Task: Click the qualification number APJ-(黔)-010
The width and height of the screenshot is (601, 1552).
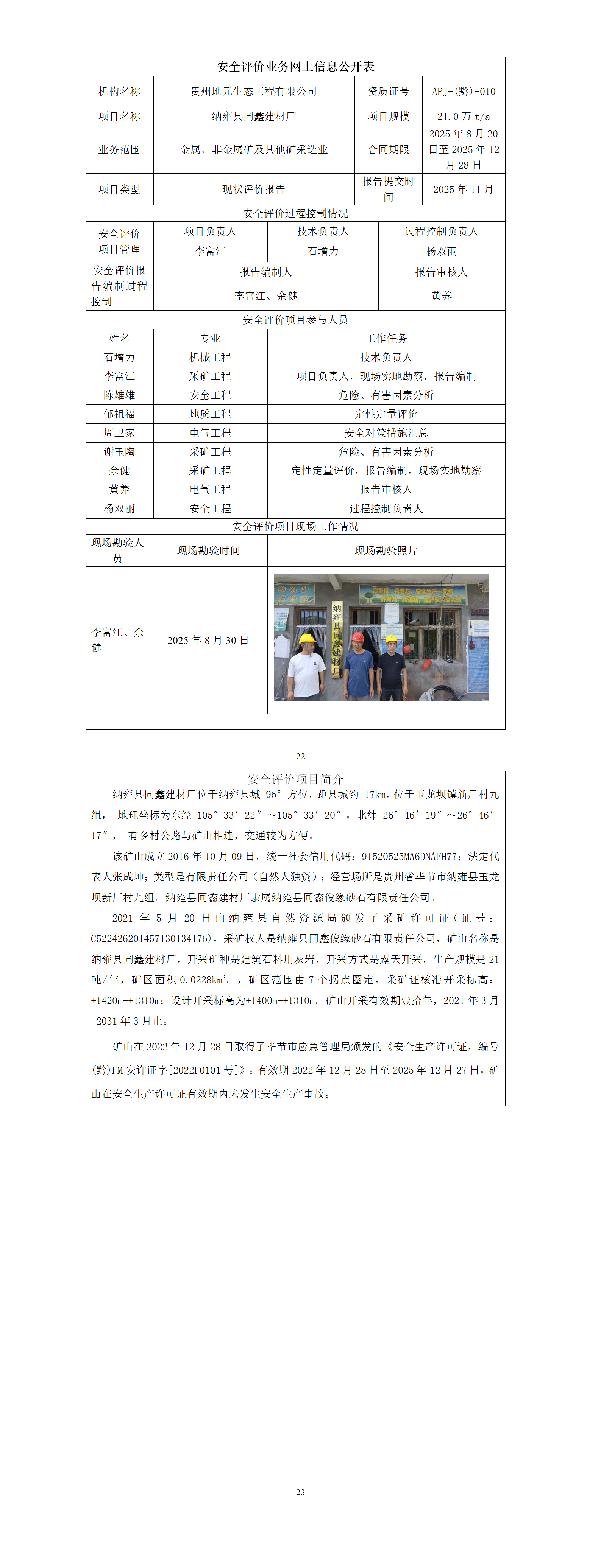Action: coord(464,92)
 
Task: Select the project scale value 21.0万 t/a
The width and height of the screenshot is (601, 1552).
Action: coord(464,116)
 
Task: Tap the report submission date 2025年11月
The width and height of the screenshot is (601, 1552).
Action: coord(464,189)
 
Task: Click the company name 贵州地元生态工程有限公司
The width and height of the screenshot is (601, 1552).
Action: coord(254,92)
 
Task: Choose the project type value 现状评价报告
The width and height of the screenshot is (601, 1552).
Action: coord(254,189)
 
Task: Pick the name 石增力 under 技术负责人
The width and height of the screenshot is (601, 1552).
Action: coord(323,251)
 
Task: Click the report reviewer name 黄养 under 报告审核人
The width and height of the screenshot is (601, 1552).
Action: coord(441,296)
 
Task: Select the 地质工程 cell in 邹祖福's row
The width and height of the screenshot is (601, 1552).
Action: coord(211,414)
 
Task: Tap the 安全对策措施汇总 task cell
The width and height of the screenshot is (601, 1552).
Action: coord(386,432)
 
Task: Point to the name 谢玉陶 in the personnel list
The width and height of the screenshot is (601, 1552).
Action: coord(119,452)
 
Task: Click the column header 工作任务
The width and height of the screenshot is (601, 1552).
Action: coord(386,338)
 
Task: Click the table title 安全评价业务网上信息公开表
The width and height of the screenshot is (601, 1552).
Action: coord(295,66)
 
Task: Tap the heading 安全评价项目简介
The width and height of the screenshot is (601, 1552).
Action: coord(295,779)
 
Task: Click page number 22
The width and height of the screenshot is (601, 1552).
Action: coord(300,756)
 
